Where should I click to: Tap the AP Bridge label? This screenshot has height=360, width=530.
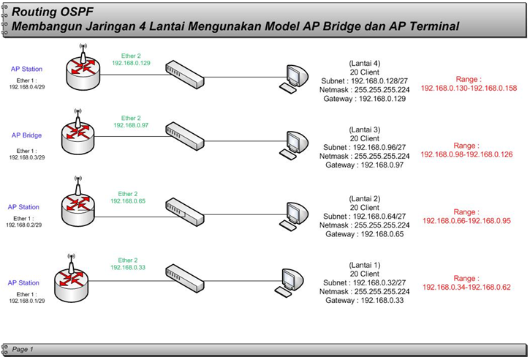tap(26, 135)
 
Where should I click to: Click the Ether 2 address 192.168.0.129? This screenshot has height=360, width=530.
tap(131, 64)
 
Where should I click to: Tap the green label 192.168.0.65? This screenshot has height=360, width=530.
tap(128, 200)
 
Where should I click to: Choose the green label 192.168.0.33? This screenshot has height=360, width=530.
tap(128, 268)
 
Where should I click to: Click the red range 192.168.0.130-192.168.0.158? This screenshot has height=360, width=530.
tap(469, 88)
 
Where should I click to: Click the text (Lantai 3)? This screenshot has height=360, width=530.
tap(364, 129)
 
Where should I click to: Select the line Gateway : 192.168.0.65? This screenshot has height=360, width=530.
tap(364, 234)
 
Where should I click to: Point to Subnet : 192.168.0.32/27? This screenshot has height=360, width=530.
tap(365, 281)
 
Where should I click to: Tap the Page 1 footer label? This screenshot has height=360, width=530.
tap(23, 349)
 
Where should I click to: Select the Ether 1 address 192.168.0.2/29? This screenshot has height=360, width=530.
tap(26, 225)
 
